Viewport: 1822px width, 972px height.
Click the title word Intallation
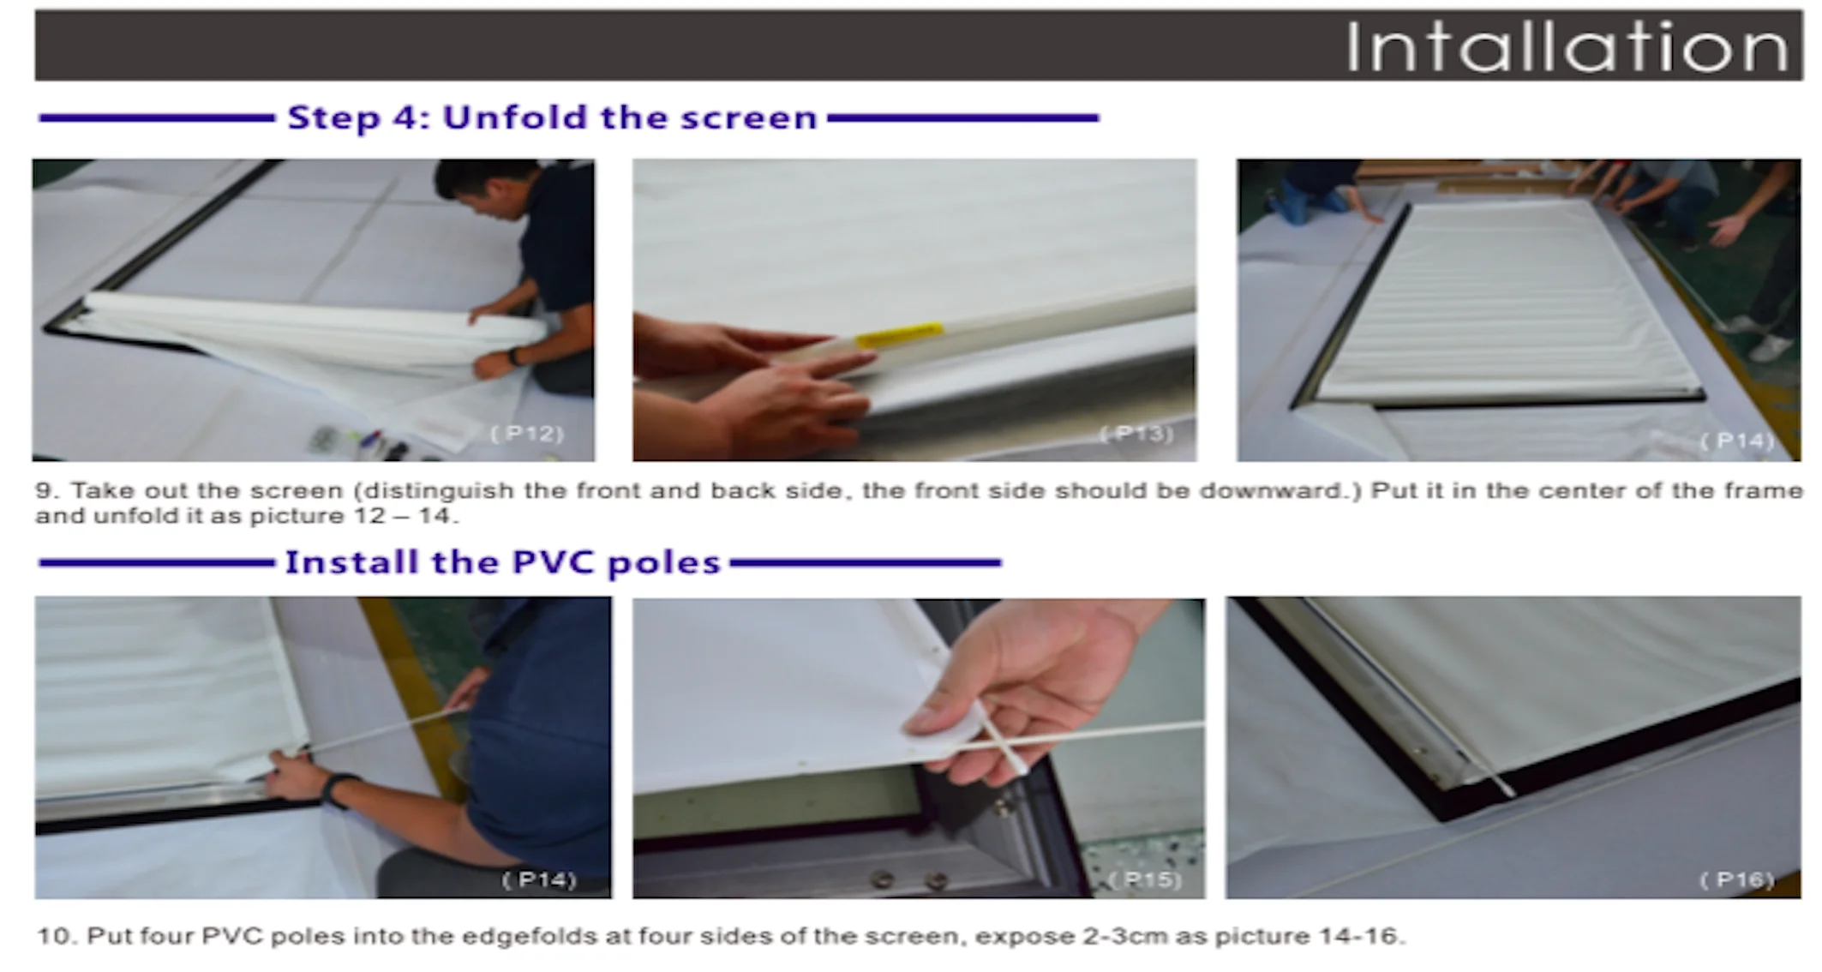coord(1567,47)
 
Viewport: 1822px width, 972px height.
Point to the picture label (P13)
coord(1136,434)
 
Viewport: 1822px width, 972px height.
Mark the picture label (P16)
coord(1737,879)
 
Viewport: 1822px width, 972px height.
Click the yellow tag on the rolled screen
coord(899,335)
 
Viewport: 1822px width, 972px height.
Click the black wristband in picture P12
coord(512,356)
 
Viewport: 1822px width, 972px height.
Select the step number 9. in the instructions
coord(46,490)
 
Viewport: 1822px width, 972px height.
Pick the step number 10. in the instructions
coord(56,935)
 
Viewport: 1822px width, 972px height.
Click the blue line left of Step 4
coord(157,118)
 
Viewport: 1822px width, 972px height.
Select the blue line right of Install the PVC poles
coord(866,563)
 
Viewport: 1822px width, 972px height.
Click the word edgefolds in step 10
coord(529,936)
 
